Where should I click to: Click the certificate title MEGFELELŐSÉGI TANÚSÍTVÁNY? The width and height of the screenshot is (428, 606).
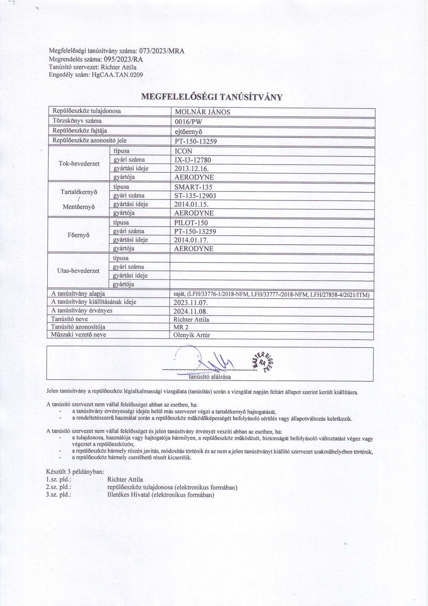click(x=212, y=97)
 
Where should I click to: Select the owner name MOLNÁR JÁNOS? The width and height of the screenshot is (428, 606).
click(x=202, y=112)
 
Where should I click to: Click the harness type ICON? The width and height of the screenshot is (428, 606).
click(x=183, y=151)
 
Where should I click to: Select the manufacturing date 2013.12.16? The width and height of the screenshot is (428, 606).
click(x=191, y=169)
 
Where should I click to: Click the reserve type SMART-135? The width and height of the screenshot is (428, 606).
click(x=193, y=187)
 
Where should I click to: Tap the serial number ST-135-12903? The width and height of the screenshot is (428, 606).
click(x=195, y=196)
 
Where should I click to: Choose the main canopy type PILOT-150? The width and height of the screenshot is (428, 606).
click(x=191, y=223)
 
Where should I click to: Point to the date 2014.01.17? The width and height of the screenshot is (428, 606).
click(x=191, y=240)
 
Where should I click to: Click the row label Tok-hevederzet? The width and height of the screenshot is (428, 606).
click(x=79, y=164)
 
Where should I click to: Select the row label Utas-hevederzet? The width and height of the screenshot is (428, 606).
click(x=78, y=271)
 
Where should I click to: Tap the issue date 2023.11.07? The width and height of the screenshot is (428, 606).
click(x=191, y=302)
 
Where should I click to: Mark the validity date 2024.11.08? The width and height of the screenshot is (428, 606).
click(x=191, y=311)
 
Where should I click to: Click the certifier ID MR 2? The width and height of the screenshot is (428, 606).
click(x=181, y=327)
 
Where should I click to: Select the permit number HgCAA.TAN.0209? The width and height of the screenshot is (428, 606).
click(x=117, y=75)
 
